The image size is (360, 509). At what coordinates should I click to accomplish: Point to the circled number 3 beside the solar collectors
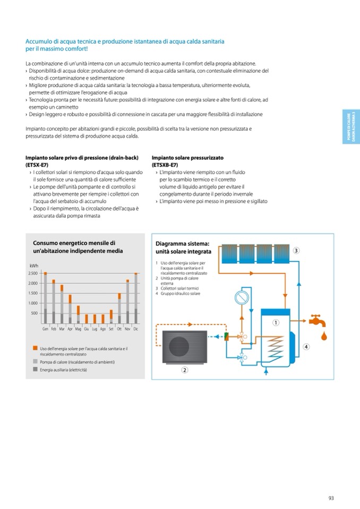pyautogui.click(x=296, y=251)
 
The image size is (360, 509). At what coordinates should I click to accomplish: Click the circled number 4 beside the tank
pyautogui.click(x=306, y=347)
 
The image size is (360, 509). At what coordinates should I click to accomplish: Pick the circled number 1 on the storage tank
pyautogui.click(x=276, y=323)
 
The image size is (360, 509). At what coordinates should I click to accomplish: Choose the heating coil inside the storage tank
pyautogui.click(x=275, y=348)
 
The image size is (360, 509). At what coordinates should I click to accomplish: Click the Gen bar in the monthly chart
pyautogui.click(x=46, y=298)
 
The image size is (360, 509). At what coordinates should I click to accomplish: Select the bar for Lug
pyautogui.click(x=95, y=318)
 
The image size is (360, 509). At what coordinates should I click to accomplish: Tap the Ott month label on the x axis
pyautogui.click(x=119, y=329)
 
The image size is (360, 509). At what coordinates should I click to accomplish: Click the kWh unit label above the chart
pyautogui.click(x=34, y=265)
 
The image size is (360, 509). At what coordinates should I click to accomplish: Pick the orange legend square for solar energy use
pyautogui.click(x=35, y=348)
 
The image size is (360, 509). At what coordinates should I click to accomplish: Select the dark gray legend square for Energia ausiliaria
pyautogui.click(x=35, y=369)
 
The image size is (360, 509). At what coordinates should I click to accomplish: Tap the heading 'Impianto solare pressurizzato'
pyautogui.click(x=187, y=158)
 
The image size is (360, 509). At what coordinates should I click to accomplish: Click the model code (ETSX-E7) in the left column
pyautogui.click(x=37, y=165)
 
